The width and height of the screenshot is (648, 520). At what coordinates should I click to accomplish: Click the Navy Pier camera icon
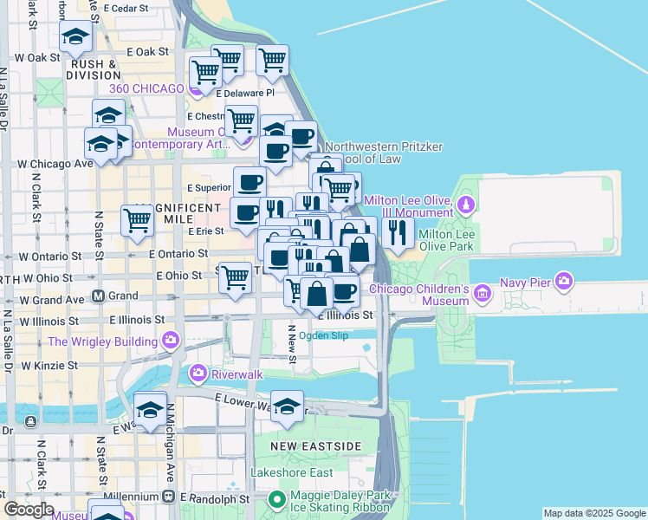(x=565, y=281)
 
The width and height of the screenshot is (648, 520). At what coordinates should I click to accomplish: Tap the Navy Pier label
(x=526, y=282)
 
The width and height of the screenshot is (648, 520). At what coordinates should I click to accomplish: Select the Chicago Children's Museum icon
(x=482, y=296)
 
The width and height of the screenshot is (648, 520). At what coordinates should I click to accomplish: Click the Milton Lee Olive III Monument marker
(x=466, y=205)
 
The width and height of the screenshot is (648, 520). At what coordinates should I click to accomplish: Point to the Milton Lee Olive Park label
(x=457, y=240)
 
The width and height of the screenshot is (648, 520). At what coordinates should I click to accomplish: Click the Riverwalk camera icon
(x=198, y=374)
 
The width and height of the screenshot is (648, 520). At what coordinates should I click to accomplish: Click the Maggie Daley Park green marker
(x=277, y=499)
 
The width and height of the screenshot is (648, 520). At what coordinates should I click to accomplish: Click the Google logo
(x=29, y=510)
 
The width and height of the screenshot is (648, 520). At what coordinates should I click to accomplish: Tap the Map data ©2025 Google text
(x=593, y=514)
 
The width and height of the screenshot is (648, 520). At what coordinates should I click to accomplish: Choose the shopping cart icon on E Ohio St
(x=235, y=278)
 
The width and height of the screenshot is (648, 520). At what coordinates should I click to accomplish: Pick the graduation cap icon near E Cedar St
(x=76, y=37)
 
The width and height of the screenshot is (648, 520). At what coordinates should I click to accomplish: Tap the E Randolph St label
(x=216, y=499)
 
